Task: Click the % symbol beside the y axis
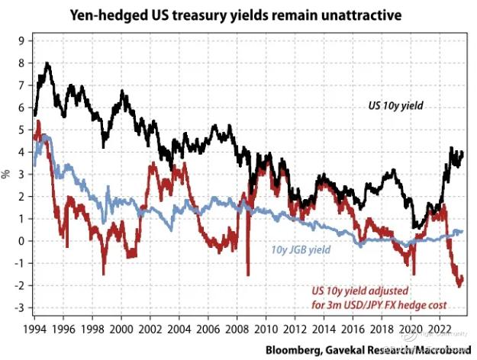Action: [x=7, y=174]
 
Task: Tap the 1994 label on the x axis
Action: [x=34, y=326]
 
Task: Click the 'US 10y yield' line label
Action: [x=392, y=117]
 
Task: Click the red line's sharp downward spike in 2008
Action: [x=249, y=273]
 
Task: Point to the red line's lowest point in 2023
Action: [x=459, y=286]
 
